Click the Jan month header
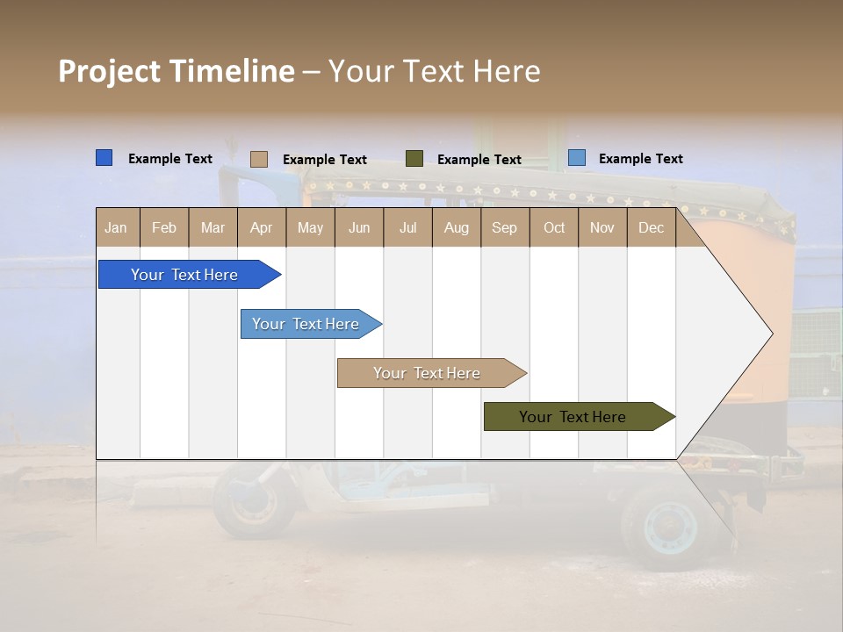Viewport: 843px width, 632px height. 117,227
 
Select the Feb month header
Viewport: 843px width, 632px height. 164,227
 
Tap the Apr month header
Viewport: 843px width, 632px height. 262,227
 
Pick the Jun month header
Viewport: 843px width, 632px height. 359,227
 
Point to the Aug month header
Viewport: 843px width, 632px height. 457,227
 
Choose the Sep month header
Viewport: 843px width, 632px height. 505,227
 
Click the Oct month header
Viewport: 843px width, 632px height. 554,227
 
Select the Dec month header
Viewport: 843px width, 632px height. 652,227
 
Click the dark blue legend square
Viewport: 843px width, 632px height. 104,158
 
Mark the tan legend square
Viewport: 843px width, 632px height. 259,159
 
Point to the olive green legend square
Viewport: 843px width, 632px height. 414,158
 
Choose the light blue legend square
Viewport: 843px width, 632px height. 576,158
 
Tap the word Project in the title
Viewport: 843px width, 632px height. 110,71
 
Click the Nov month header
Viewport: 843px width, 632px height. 602,227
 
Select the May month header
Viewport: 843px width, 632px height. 310,227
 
